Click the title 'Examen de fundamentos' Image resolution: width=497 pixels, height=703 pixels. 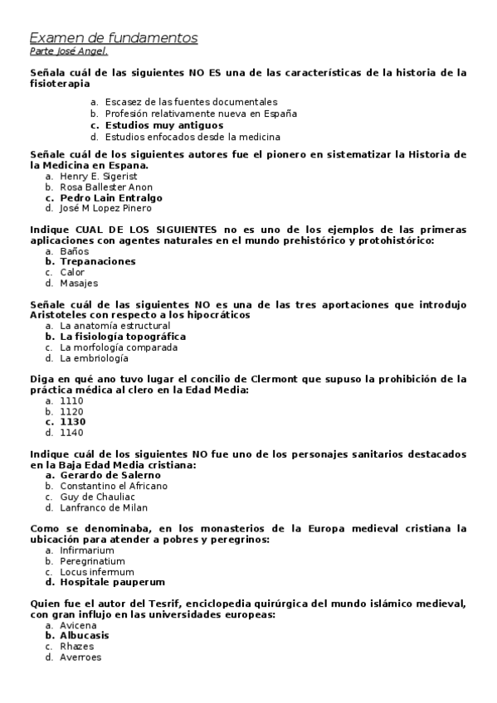click(x=114, y=38)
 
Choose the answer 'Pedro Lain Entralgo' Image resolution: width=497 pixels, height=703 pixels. click(x=111, y=198)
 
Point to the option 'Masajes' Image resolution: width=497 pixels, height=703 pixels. click(x=79, y=283)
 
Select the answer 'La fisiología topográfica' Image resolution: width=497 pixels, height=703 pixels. click(x=123, y=337)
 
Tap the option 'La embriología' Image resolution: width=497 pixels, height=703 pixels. click(x=94, y=358)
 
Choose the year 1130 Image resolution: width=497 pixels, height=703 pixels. click(x=73, y=421)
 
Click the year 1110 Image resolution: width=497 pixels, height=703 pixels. click(x=72, y=400)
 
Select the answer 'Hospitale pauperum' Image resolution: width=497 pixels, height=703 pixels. click(x=112, y=582)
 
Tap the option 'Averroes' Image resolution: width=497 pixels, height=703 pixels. click(x=80, y=657)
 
